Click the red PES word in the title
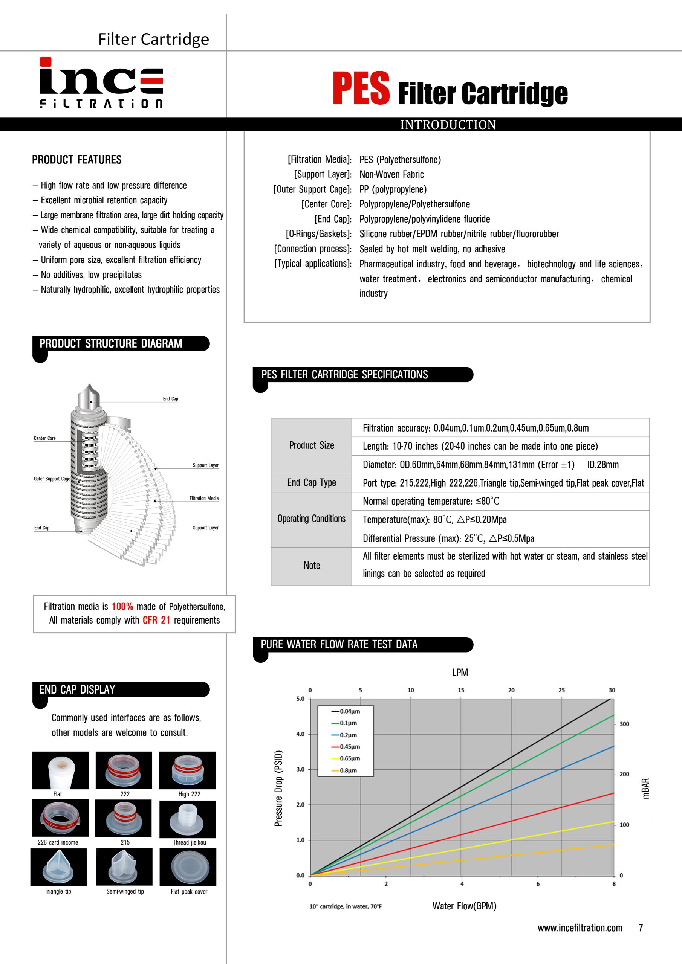click(x=361, y=88)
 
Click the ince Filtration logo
click(x=101, y=83)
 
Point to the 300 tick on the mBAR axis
click(x=624, y=724)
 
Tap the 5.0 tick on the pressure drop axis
click(x=300, y=699)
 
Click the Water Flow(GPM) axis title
click(x=464, y=906)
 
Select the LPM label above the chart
click(x=460, y=672)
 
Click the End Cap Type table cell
click(x=311, y=482)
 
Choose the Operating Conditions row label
click(x=311, y=519)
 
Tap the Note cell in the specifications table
click(x=311, y=566)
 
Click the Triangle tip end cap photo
click(x=58, y=866)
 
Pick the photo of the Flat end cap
click(x=61, y=770)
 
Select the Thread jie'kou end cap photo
click(x=187, y=819)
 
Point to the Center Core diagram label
click(x=44, y=438)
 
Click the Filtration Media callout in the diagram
click(x=204, y=498)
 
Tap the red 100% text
click(x=122, y=606)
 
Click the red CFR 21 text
click(x=156, y=620)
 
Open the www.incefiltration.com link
click(x=580, y=927)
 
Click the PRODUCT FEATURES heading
click(x=77, y=160)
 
